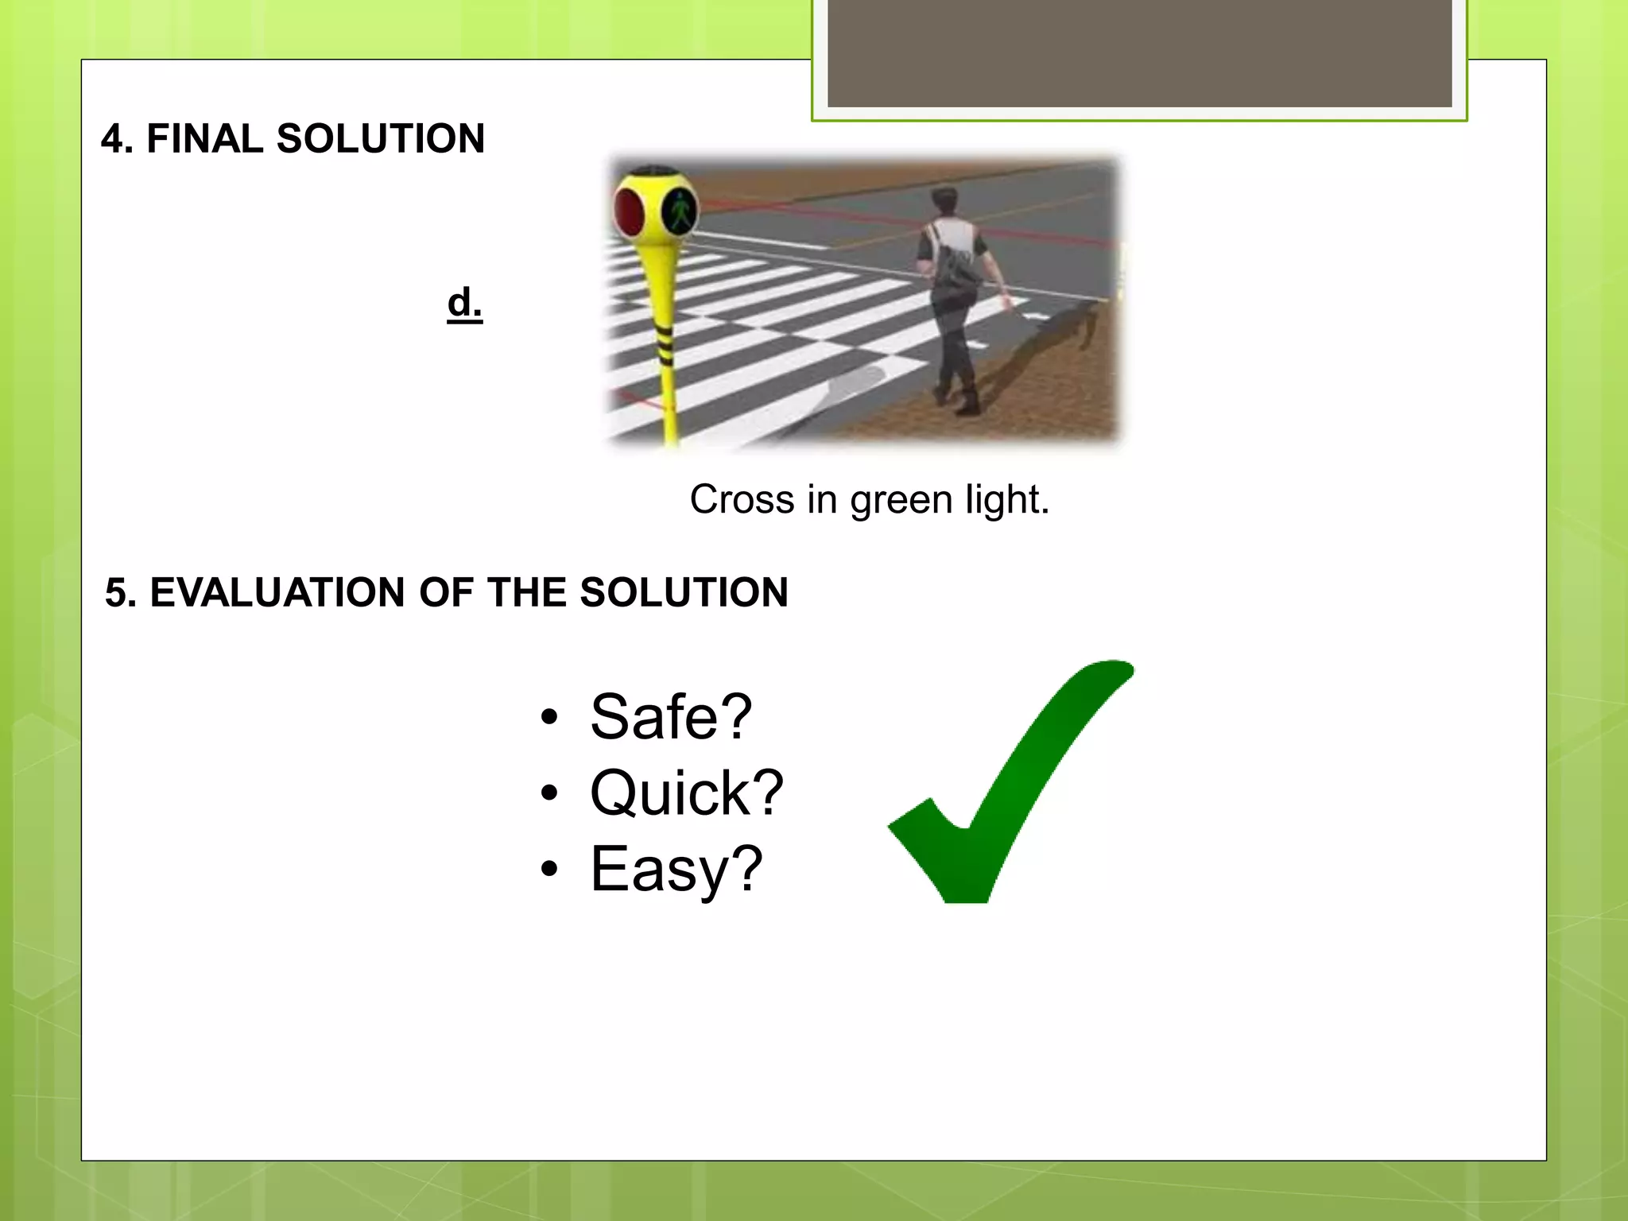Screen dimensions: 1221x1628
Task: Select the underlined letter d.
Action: [x=464, y=303]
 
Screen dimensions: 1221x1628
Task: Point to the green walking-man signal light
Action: [x=680, y=211]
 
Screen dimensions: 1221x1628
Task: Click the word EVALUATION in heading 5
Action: [x=277, y=593]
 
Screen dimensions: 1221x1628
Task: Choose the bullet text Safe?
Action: [x=670, y=717]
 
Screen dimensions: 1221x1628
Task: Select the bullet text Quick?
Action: [x=686, y=793]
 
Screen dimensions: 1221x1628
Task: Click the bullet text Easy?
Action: [x=676, y=870]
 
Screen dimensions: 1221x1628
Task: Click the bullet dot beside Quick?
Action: [x=548, y=793]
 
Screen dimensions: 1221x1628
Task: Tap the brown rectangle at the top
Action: [x=1139, y=52]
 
